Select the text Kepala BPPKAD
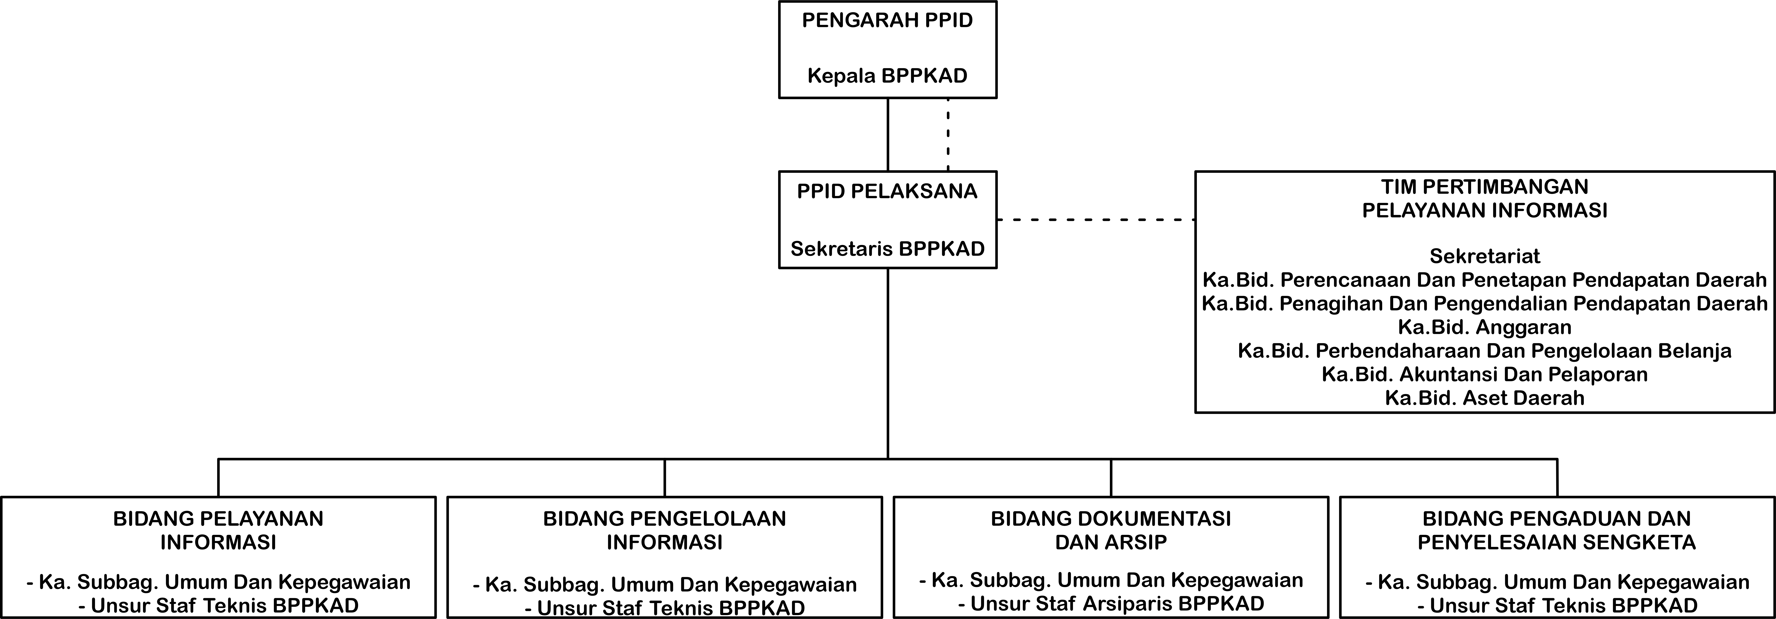(887, 76)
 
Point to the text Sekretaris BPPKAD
(887, 249)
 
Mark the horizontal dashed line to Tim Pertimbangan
(1096, 220)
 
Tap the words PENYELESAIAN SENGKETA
(1557, 542)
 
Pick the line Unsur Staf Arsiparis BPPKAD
(1111, 604)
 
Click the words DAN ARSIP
(1111, 542)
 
